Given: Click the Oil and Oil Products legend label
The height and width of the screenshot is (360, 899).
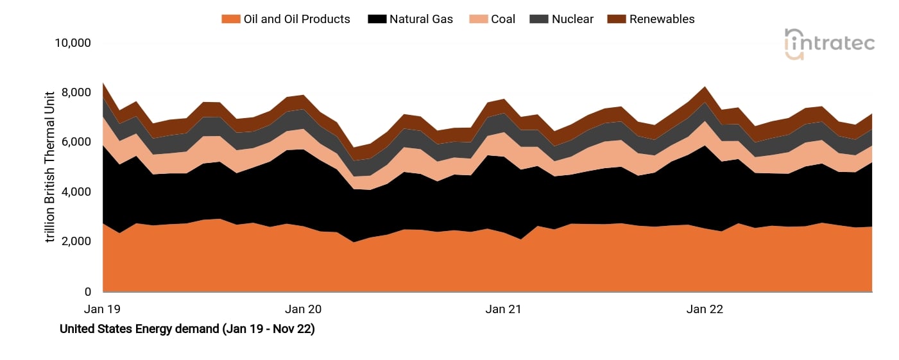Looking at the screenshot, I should (296, 19).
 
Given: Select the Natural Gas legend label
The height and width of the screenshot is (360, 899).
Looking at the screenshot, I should (421, 19).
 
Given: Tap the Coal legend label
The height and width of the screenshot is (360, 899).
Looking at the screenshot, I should (503, 19).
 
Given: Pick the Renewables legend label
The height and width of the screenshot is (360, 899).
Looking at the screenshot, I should (662, 19).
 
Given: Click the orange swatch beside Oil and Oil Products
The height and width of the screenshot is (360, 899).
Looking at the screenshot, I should (230, 19).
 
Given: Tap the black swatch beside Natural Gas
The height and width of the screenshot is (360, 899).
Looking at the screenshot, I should (377, 19).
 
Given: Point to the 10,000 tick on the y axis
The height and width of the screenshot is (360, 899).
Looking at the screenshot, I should (72, 43).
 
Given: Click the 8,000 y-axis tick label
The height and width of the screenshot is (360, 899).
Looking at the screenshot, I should (75, 92).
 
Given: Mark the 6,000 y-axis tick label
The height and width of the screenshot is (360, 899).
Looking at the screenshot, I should (75, 142).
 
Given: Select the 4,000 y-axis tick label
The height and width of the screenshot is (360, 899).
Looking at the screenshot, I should (75, 192).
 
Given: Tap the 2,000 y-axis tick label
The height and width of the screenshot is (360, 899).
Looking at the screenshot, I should (75, 242).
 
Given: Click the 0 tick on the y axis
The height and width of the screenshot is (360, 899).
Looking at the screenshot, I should (88, 292).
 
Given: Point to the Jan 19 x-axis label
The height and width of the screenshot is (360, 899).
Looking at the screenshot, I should (103, 309).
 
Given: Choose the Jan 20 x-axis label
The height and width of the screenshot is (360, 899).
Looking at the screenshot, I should (304, 309).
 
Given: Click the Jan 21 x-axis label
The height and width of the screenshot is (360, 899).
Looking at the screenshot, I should (504, 309).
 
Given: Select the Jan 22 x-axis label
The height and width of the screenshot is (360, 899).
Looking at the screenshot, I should (705, 309).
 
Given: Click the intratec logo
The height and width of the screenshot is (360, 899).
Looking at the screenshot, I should (829, 44).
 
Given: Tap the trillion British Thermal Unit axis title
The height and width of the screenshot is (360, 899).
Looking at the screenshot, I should (51, 167).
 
